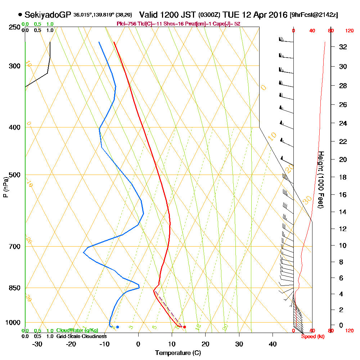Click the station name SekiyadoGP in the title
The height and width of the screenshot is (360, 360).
tap(48, 15)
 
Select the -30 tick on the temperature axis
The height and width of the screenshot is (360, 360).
tap(37, 344)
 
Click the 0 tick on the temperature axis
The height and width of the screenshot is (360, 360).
tap(139, 344)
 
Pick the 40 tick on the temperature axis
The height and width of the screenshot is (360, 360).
tap(273, 344)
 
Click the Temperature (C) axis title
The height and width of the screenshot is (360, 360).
tap(178, 353)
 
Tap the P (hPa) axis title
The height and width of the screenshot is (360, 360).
tap(5, 186)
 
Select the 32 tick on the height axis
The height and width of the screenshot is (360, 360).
tap(343, 46)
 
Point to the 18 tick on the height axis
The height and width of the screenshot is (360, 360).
tap(343, 177)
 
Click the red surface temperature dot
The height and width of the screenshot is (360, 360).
tap(184, 327)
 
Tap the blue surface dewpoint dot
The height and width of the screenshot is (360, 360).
tap(117, 327)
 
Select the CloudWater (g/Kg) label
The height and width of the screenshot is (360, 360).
tap(77, 330)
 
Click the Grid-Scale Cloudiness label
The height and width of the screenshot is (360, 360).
tap(81, 336)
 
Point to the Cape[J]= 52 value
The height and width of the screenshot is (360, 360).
tap(228, 23)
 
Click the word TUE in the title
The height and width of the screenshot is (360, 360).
tap(230, 15)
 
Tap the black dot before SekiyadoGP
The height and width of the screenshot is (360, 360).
tap(20, 15)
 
